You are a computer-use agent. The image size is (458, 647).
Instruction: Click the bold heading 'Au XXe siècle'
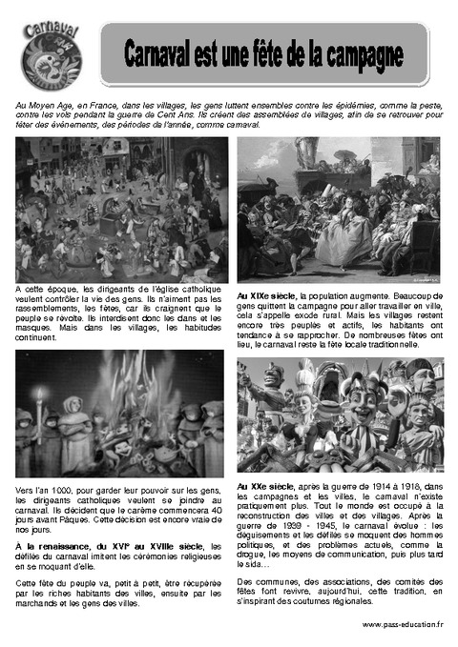click(x=265, y=488)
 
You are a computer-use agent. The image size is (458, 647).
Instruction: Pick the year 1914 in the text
click(x=365, y=488)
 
